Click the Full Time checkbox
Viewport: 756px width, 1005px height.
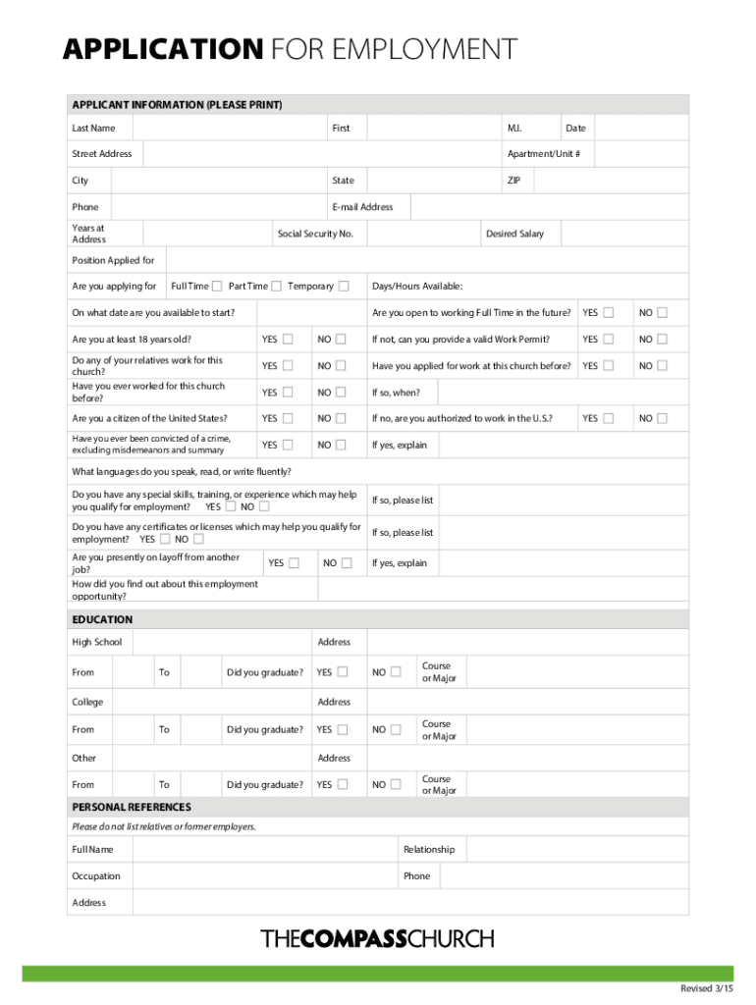[x=217, y=287]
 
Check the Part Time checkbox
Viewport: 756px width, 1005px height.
[x=276, y=287]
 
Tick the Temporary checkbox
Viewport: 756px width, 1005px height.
[x=344, y=287]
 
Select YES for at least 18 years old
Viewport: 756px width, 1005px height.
[x=288, y=340]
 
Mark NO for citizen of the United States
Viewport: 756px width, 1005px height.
[x=341, y=418]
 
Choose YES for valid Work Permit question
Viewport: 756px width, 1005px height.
[x=609, y=340]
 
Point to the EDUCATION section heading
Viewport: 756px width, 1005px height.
[x=102, y=620]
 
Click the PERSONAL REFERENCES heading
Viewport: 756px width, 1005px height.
[x=132, y=807]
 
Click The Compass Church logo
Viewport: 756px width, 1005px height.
[x=377, y=938]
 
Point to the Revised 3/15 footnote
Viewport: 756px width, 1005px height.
[x=706, y=986]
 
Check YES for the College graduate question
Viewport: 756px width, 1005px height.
[x=343, y=730]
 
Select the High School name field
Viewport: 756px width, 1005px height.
[x=220, y=642]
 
